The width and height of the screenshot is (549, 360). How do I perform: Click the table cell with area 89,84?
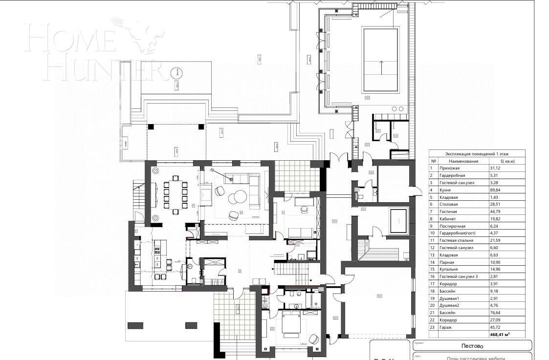[x=496, y=190]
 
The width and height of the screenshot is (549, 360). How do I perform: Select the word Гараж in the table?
[x=446, y=327]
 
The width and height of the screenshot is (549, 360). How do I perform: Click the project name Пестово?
[x=472, y=346]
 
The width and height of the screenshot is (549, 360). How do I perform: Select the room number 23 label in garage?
[x=379, y=296]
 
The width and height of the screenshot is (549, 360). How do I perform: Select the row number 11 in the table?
[x=432, y=241]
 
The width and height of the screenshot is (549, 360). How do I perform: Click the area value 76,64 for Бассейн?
[x=496, y=313]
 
